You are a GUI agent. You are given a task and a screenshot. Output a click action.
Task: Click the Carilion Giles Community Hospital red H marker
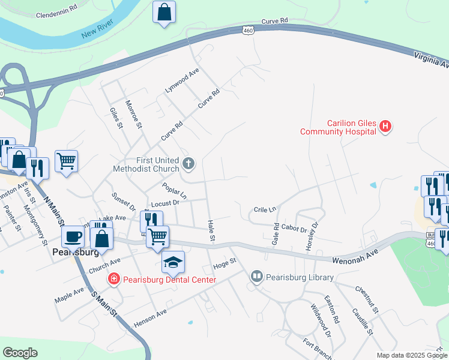386,127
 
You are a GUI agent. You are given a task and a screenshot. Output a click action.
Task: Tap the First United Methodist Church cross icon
188,163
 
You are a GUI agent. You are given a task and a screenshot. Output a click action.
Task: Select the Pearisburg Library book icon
257,277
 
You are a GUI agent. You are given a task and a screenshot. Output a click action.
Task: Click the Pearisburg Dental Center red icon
113,279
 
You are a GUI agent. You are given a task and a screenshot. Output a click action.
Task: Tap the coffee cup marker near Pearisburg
73,236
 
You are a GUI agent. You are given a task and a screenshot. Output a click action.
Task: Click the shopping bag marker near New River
164,11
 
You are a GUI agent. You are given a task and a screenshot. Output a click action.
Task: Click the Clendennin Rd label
57,10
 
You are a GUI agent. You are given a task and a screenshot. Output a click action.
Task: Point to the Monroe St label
133,115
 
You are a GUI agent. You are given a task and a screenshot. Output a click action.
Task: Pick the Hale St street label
211,231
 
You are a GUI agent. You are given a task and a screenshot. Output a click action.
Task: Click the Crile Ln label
265,209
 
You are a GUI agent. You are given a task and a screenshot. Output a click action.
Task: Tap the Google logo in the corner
20,353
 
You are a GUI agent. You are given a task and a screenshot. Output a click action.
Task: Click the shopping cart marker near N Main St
66,160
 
